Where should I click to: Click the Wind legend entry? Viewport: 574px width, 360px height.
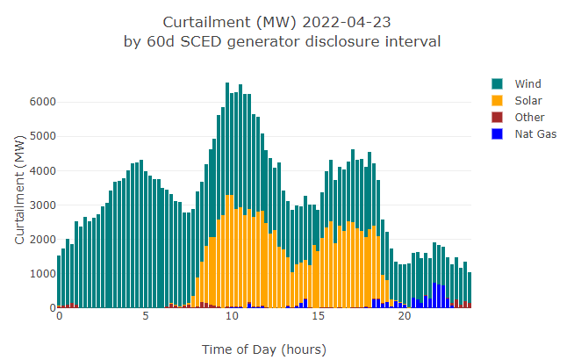(527, 83)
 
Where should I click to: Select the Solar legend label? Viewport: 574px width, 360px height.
(528, 100)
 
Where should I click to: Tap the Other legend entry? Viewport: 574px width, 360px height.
(529, 117)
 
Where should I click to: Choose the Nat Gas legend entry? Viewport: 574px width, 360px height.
(535, 133)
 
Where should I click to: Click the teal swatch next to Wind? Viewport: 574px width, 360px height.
(498, 83)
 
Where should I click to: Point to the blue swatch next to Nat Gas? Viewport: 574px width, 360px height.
(498, 133)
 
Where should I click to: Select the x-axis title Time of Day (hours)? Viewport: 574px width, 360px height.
(263, 349)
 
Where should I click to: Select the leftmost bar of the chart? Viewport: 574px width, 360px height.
(59, 281)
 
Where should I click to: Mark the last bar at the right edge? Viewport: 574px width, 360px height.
(470, 290)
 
